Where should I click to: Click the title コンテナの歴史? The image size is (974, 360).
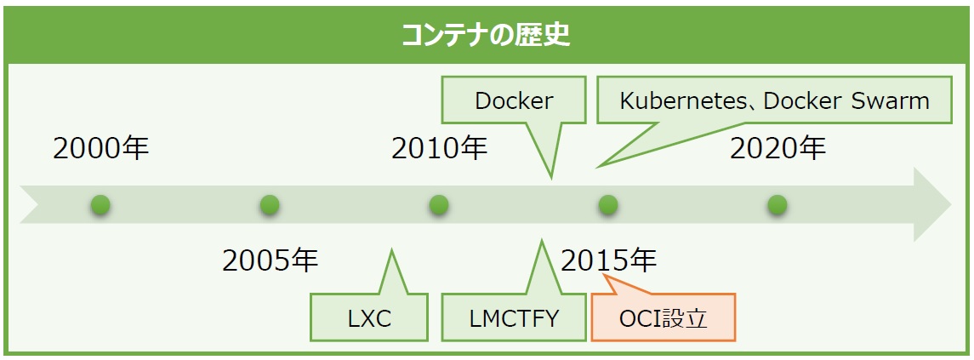tap(486, 36)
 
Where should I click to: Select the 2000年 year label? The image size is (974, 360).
tap(101, 149)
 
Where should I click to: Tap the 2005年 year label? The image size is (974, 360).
tap(271, 261)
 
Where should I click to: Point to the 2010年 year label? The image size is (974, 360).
tap(440, 149)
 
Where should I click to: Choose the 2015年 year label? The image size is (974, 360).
tap(609, 261)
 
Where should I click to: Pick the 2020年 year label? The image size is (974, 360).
tap(777, 149)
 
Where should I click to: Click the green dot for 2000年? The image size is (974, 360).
tap(100, 204)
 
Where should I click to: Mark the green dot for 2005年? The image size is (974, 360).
tap(270, 204)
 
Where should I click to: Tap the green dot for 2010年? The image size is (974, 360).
tap(439, 204)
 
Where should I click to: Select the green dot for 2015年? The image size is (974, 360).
tap(608, 204)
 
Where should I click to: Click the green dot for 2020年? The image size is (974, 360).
tap(777, 204)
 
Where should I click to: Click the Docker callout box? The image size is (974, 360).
tap(514, 100)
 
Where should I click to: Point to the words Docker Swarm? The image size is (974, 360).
tap(846, 100)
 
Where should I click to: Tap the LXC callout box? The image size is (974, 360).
tap(369, 317)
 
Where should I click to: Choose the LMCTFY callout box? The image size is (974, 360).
tap(514, 317)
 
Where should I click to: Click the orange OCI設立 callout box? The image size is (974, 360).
tap(664, 317)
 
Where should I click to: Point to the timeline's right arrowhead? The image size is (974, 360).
tap(931, 204)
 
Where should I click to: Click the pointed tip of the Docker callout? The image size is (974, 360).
tap(551, 178)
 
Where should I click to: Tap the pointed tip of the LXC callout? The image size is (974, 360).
tap(391, 250)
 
